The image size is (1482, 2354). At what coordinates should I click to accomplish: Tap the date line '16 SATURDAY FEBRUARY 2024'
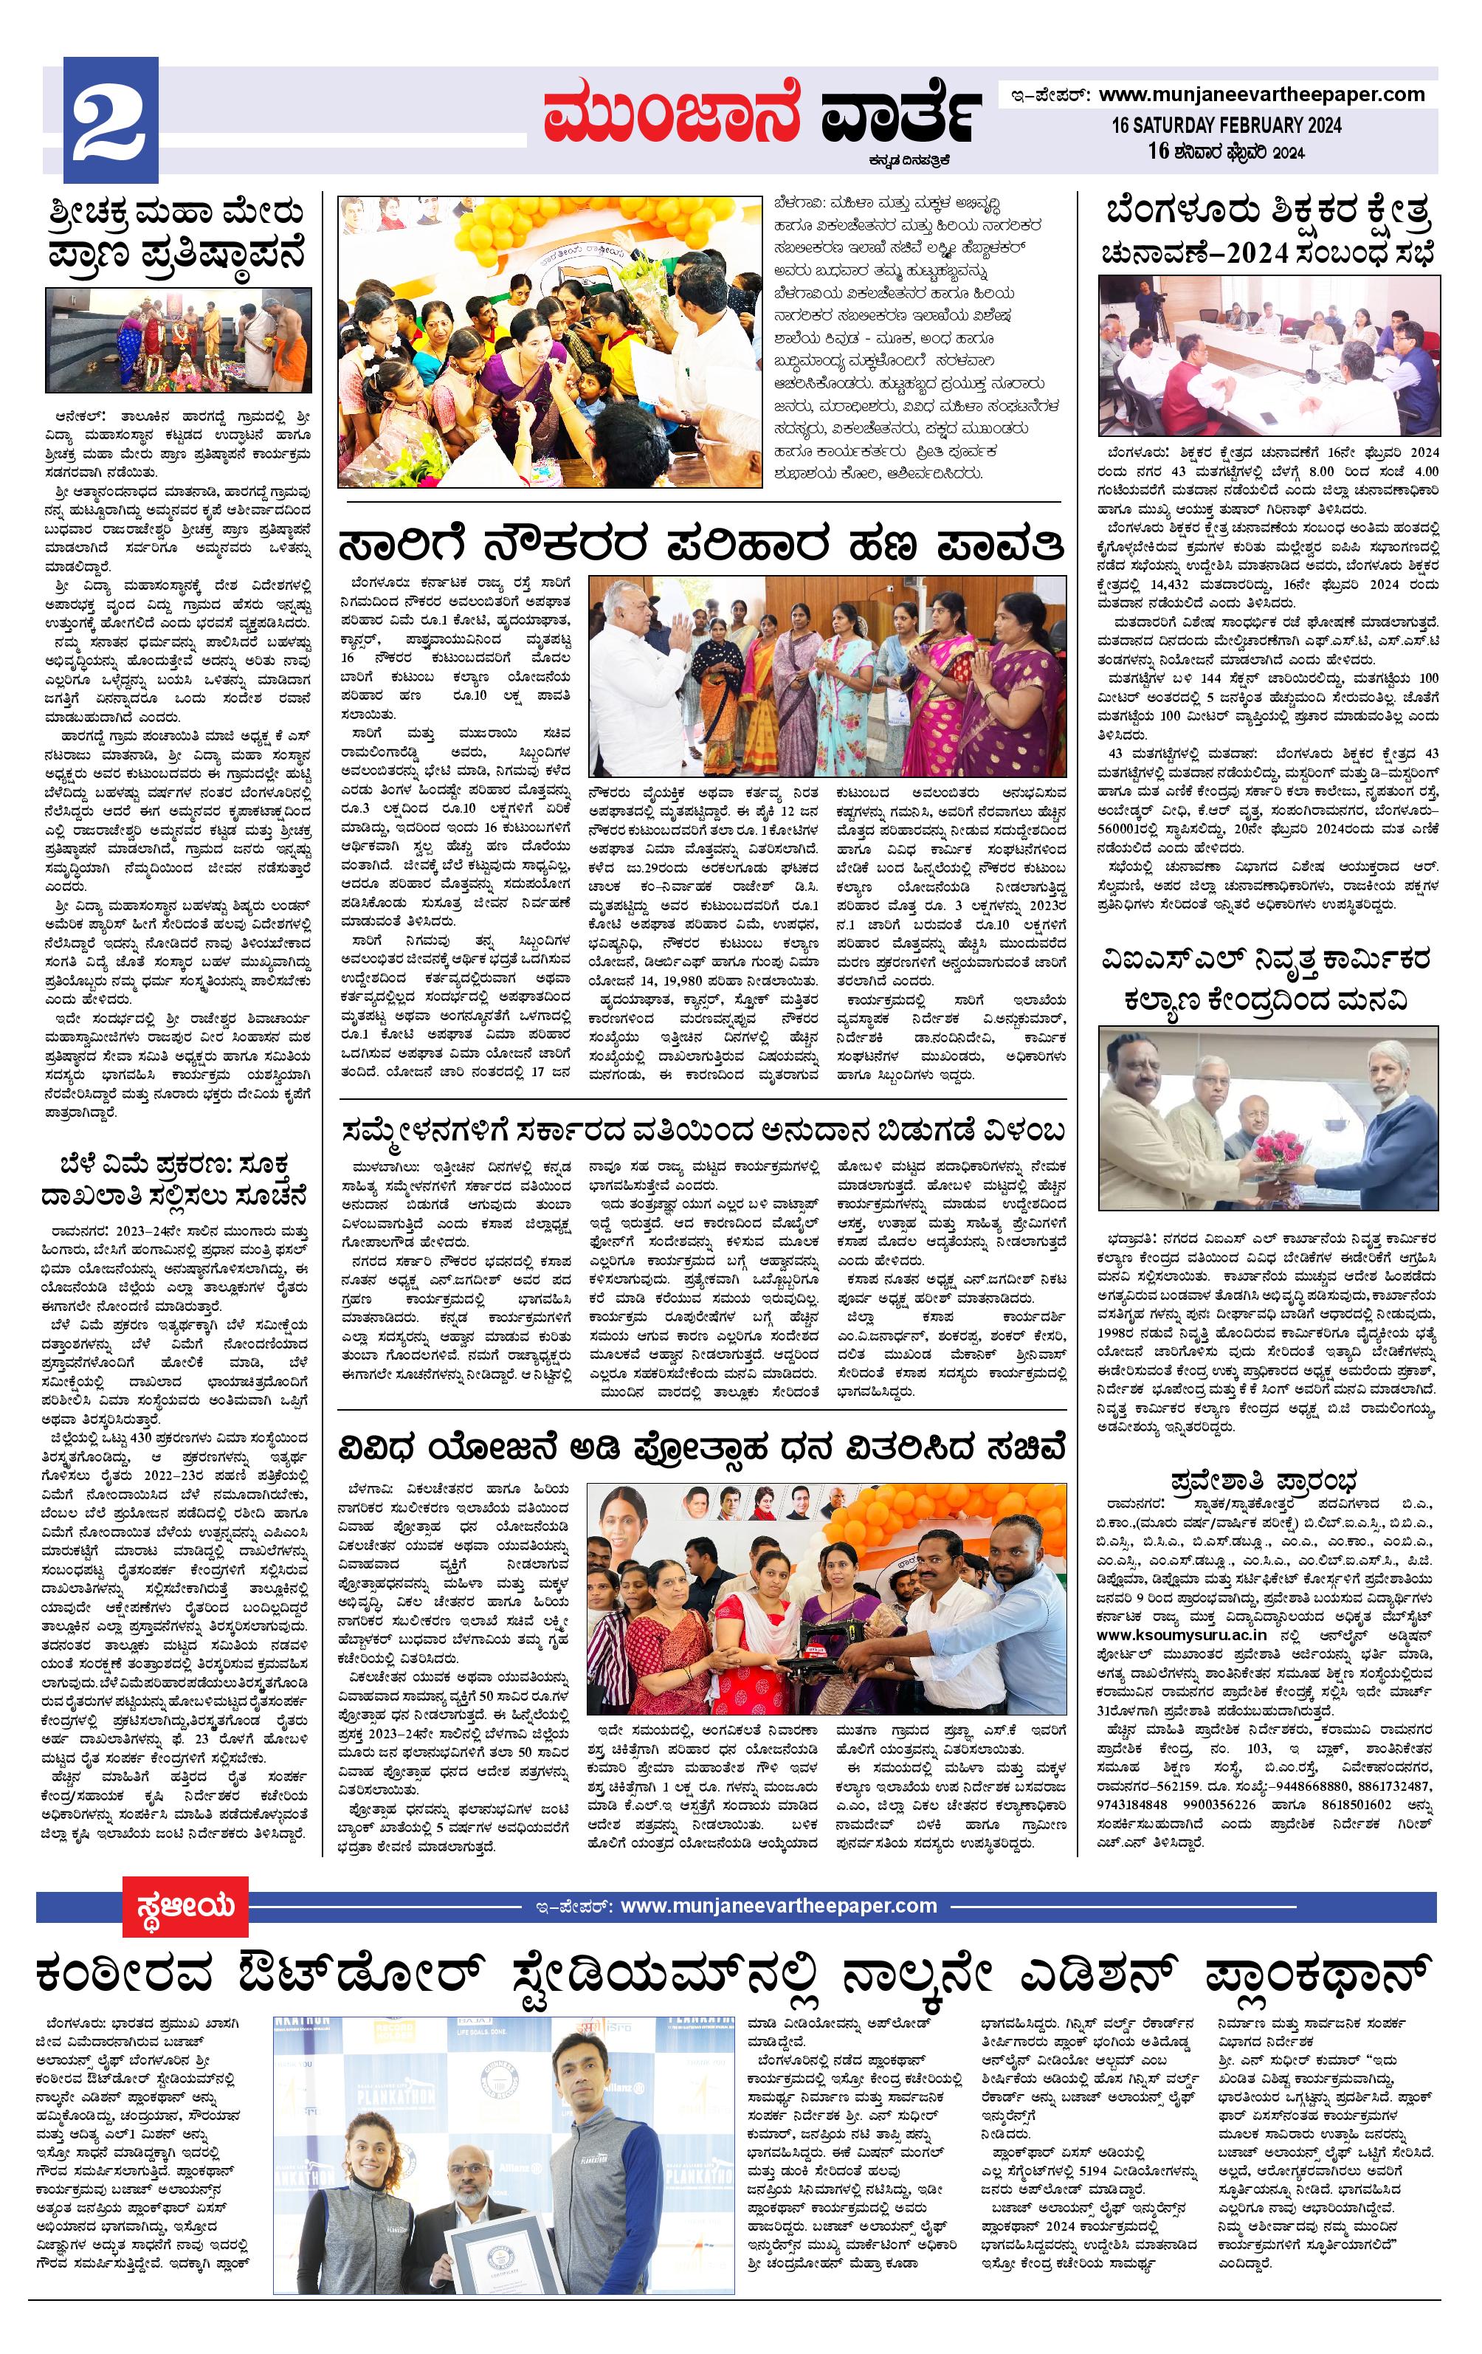pyautogui.click(x=1226, y=126)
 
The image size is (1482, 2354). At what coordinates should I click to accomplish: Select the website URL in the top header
pyautogui.click(x=1261, y=94)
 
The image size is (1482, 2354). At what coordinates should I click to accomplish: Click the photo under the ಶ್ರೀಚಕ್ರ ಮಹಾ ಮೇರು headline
pyautogui.click(x=178, y=340)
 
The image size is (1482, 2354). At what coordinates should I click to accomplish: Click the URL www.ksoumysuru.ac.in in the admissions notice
pyautogui.click(x=1181, y=1634)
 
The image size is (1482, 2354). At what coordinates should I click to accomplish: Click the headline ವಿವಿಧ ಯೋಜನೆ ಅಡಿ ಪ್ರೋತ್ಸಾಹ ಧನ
pyautogui.click(x=700, y=1447)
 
